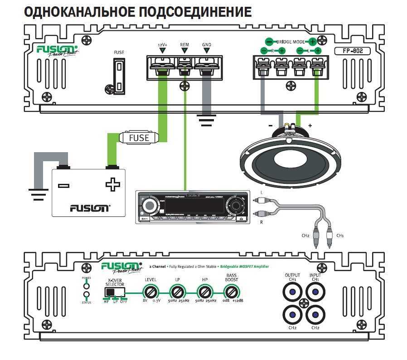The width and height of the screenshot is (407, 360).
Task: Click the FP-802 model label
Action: click(x=352, y=51)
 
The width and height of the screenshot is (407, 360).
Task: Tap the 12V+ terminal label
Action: click(x=162, y=45)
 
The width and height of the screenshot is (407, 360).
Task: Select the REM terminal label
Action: click(x=184, y=45)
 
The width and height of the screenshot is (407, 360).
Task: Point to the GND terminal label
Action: click(x=207, y=45)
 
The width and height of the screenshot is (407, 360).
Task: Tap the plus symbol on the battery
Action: click(x=111, y=185)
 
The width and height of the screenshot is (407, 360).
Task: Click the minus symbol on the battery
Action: click(x=64, y=185)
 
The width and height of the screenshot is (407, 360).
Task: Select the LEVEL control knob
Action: click(x=150, y=292)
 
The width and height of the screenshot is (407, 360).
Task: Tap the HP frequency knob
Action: click(x=203, y=292)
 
